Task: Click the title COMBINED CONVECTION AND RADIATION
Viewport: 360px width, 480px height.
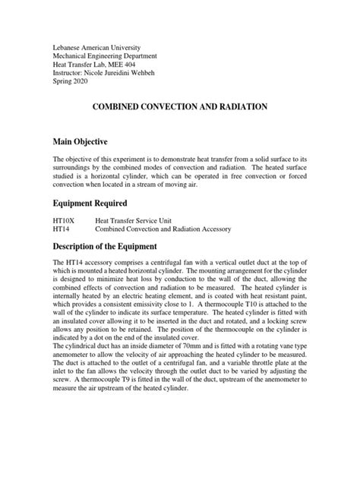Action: click(179, 109)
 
